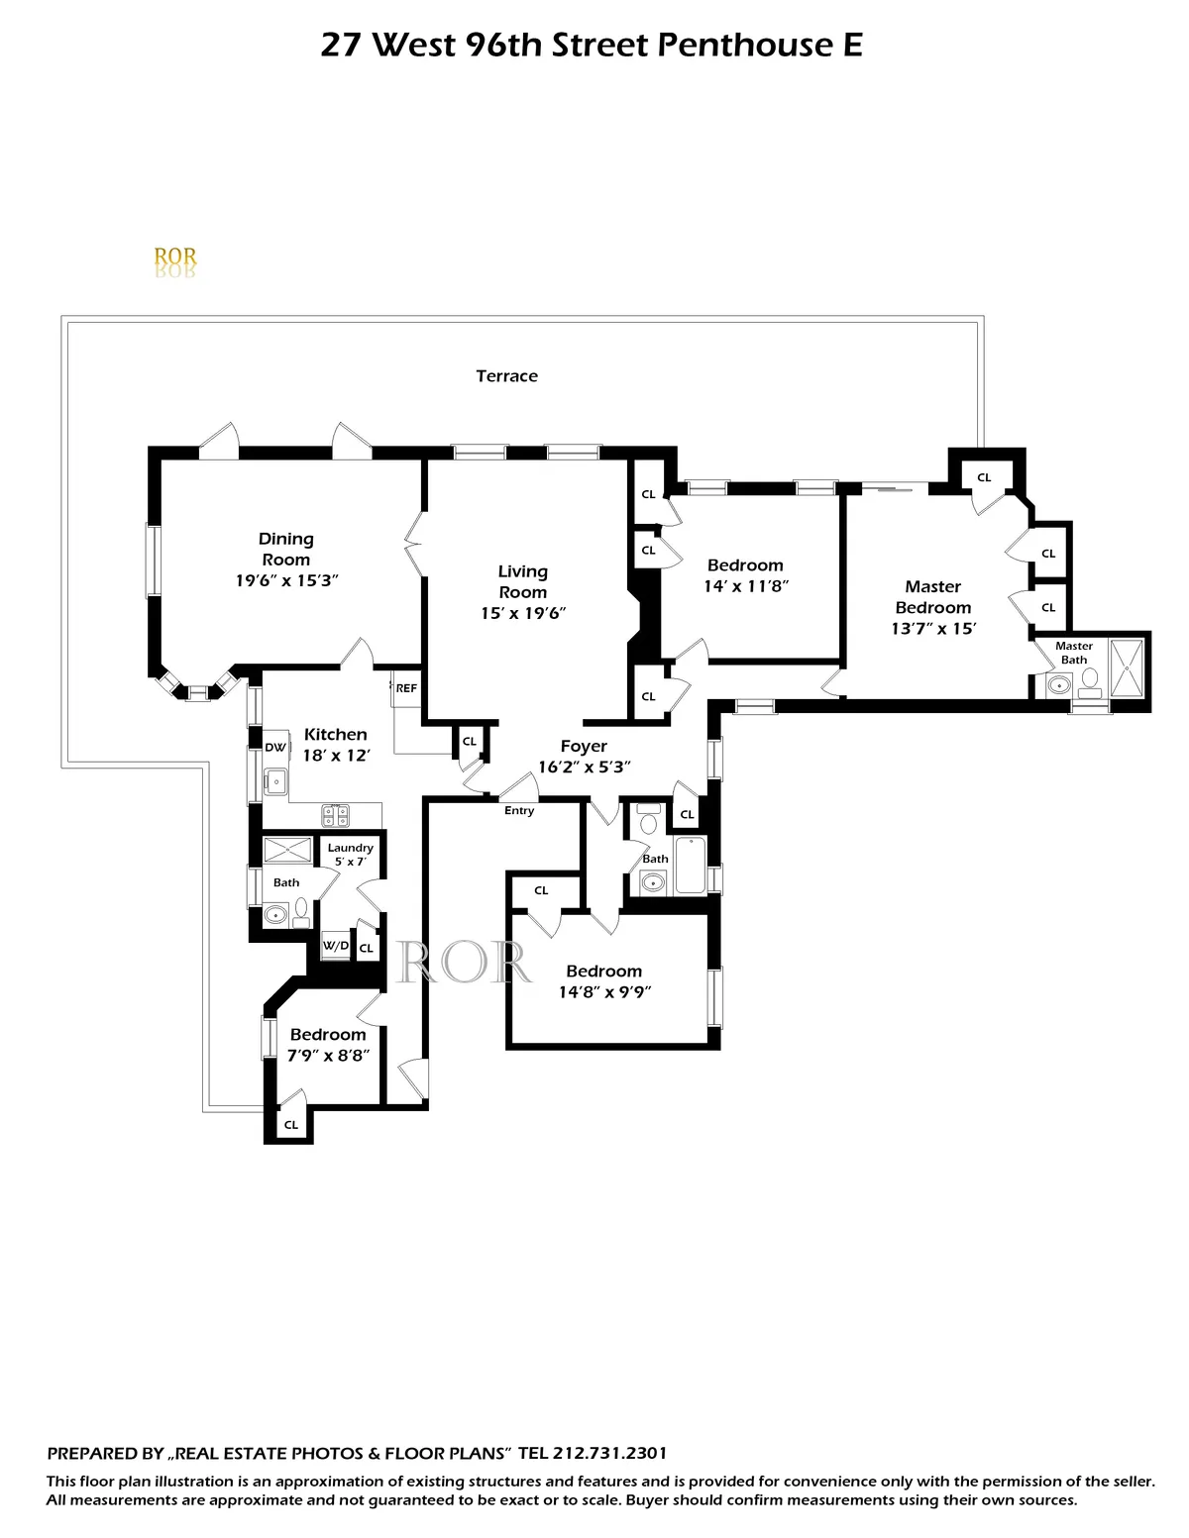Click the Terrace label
click(506, 376)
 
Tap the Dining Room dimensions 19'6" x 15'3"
click(286, 581)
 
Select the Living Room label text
click(522, 581)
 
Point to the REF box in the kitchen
click(406, 688)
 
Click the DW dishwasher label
click(275, 748)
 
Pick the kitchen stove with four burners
click(335, 815)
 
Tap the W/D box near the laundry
click(336, 946)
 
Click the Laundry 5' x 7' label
click(351, 855)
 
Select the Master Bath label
click(1074, 653)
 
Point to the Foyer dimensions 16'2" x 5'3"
click(584, 768)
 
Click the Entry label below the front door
click(519, 810)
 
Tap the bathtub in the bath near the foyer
click(690, 867)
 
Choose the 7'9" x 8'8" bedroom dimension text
click(328, 1056)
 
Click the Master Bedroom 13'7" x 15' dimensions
click(933, 629)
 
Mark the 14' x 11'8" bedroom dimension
click(745, 586)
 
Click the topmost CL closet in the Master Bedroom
click(984, 477)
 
